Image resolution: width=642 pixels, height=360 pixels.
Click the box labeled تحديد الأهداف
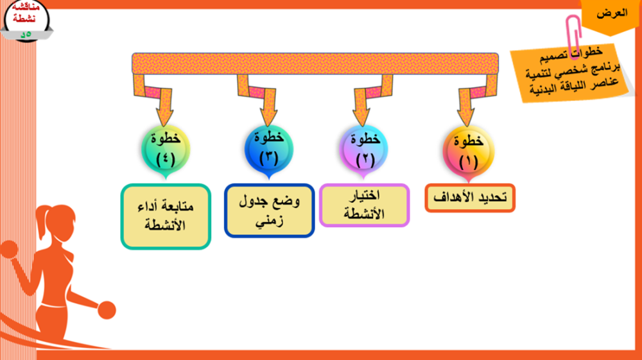tap(470, 198)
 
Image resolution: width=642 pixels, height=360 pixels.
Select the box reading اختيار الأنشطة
tap(364, 205)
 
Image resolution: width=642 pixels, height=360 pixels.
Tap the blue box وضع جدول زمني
tap(269, 210)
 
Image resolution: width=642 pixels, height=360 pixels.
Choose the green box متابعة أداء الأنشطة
tap(166, 216)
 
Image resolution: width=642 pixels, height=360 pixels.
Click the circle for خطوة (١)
tap(469, 151)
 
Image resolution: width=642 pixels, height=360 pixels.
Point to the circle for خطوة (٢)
tap(363, 150)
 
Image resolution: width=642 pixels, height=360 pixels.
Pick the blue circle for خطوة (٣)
tap(268, 150)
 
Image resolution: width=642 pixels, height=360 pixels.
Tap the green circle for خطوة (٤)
tap(166, 150)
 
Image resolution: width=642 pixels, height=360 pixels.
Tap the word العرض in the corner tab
tap(612, 13)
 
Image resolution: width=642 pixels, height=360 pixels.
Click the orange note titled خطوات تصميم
tap(573, 73)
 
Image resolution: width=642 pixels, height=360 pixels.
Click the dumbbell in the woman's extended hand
tap(107, 310)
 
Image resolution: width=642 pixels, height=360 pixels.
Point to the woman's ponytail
tap(41, 221)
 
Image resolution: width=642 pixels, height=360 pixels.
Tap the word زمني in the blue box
tap(269, 221)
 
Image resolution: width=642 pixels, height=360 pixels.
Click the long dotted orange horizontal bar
tap(315, 64)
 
